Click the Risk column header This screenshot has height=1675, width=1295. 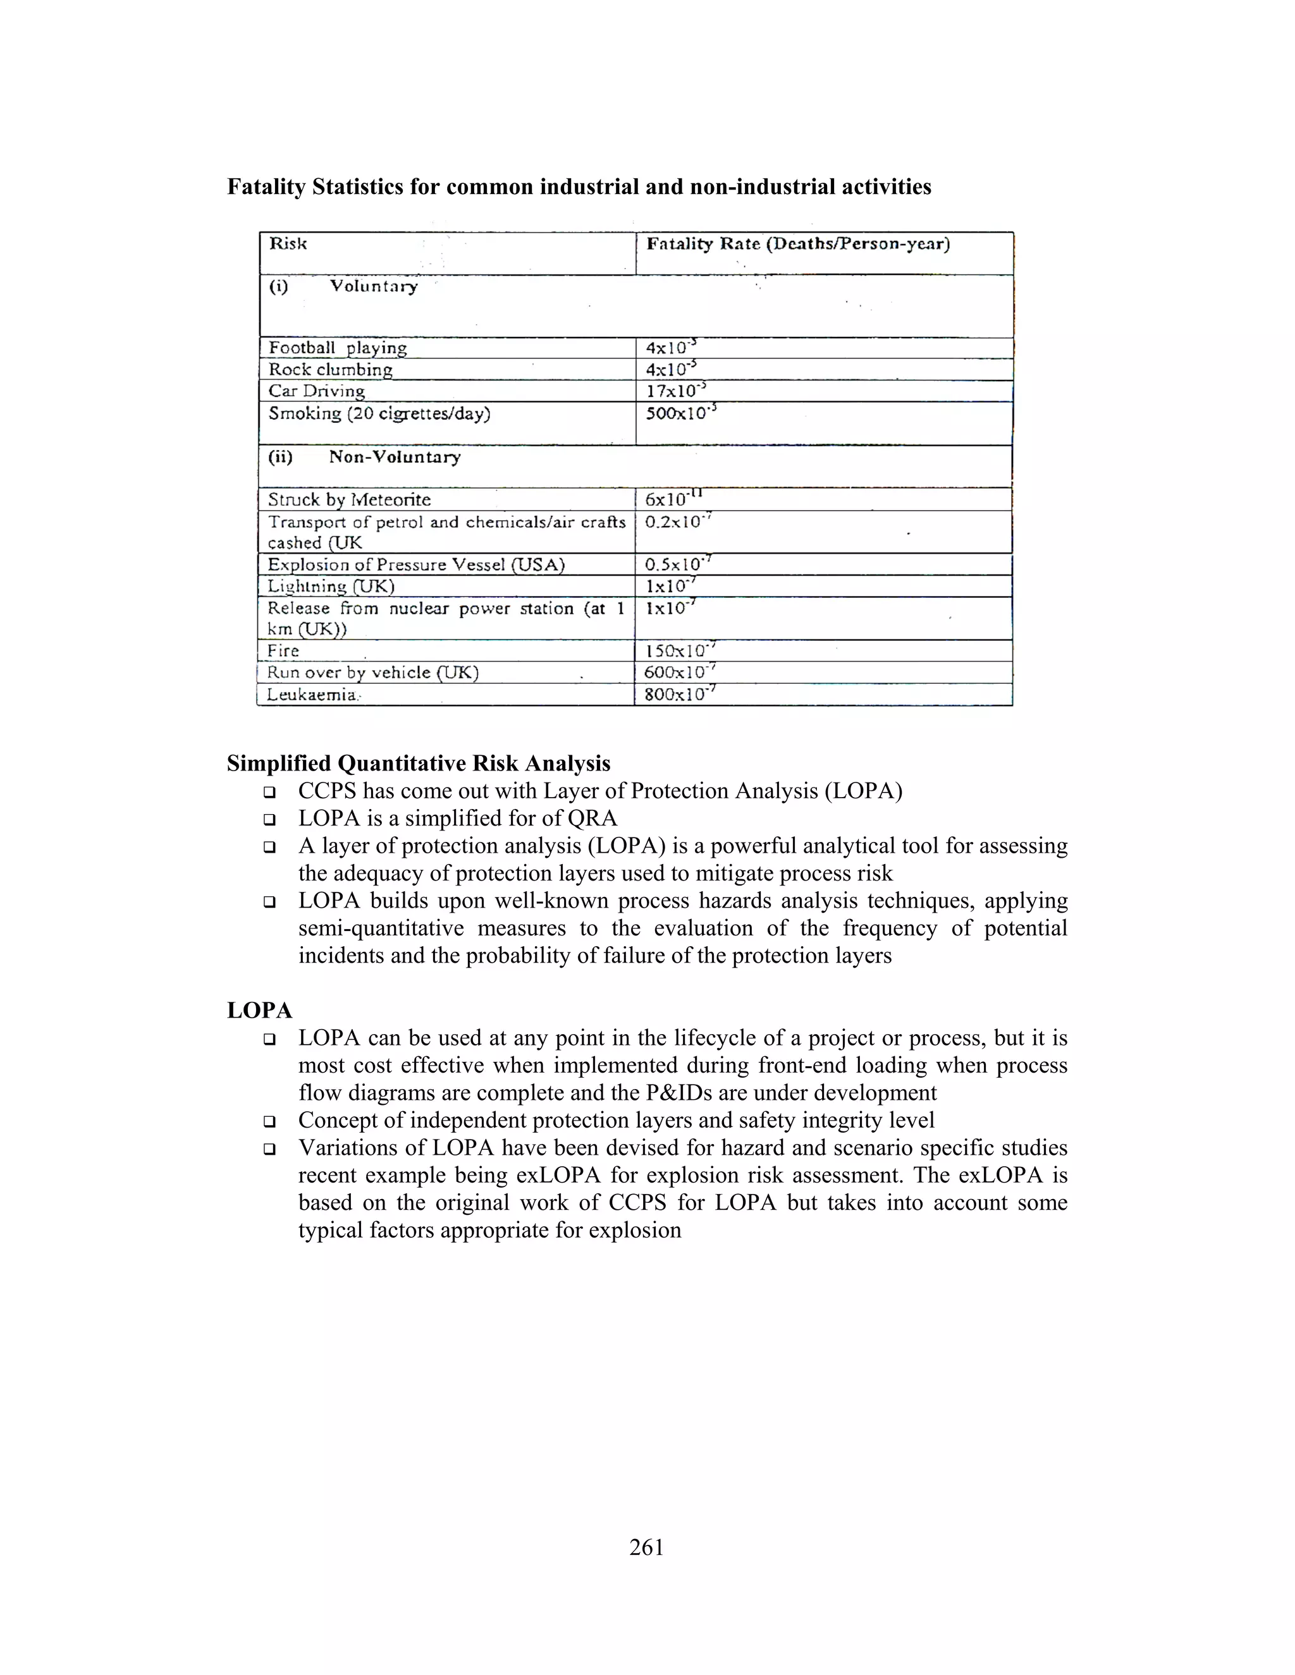pos(288,244)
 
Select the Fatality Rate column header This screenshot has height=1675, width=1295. pos(798,244)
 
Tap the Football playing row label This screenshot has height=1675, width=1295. pos(337,348)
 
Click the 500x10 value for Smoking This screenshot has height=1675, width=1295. pos(680,413)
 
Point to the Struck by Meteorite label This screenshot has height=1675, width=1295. pos(349,500)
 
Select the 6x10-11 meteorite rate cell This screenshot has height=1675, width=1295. pos(673,499)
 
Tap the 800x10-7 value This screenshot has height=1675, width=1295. pos(679,695)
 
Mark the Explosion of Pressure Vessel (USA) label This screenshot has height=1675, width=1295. pos(416,565)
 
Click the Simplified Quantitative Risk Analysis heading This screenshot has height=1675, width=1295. pos(418,764)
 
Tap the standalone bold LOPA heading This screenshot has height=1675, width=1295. pos(259,1011)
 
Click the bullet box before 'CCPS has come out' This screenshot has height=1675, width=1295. pos(269,791)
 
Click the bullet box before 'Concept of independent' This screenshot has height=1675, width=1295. pos(269,1121)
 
